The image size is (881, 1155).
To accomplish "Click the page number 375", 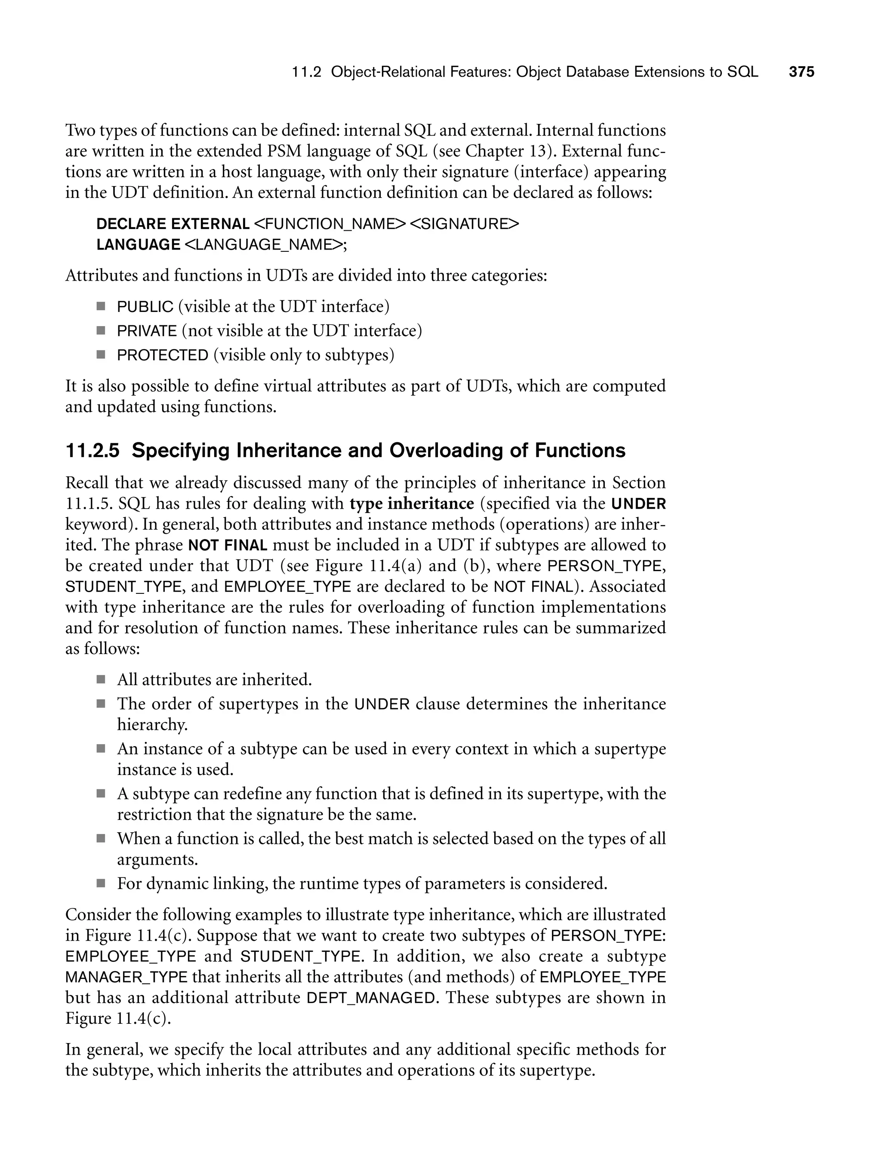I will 801,72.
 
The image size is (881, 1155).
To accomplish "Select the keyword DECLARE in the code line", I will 131,224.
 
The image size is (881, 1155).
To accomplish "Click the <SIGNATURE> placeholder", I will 464,224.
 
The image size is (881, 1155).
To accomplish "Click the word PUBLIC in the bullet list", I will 145,306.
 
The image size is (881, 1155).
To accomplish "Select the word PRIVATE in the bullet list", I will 147,331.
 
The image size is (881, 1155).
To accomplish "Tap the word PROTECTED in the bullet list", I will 163,355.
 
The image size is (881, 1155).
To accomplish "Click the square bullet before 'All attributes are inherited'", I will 101,680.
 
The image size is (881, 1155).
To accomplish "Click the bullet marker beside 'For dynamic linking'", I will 101,884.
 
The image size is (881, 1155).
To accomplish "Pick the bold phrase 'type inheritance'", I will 412,503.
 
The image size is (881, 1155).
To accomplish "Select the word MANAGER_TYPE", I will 126,977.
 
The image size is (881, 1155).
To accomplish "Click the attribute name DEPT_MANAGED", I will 371,997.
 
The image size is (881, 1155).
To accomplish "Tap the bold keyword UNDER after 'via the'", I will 639,504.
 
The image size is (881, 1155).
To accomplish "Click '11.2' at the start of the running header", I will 306,72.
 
